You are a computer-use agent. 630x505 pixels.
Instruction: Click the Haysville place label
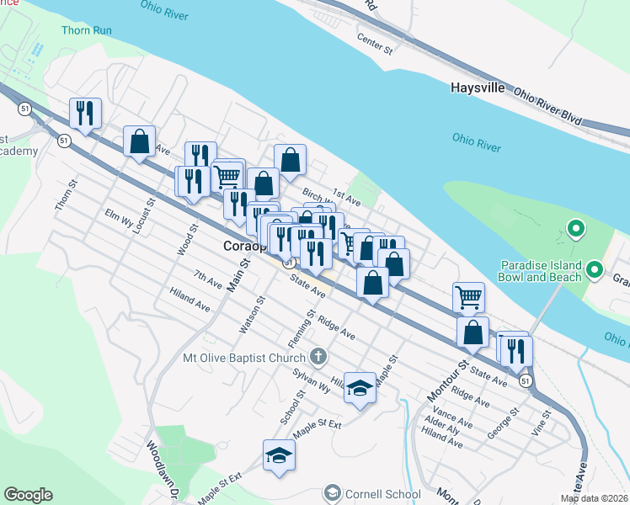477,88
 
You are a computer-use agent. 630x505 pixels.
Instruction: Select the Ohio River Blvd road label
548,106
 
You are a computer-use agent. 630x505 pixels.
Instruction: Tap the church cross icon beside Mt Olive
318,357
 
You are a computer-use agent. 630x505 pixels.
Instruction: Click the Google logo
28,495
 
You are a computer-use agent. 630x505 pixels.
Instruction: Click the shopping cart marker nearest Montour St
468,297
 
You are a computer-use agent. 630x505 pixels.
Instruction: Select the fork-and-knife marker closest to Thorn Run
86,114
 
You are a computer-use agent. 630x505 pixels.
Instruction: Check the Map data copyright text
595,498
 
